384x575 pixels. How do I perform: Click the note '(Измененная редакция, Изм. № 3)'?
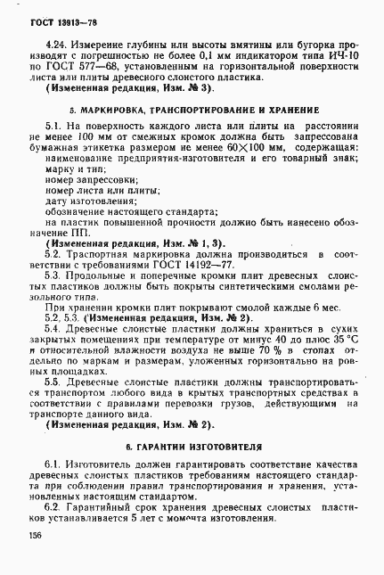click(x=126, y=89)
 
